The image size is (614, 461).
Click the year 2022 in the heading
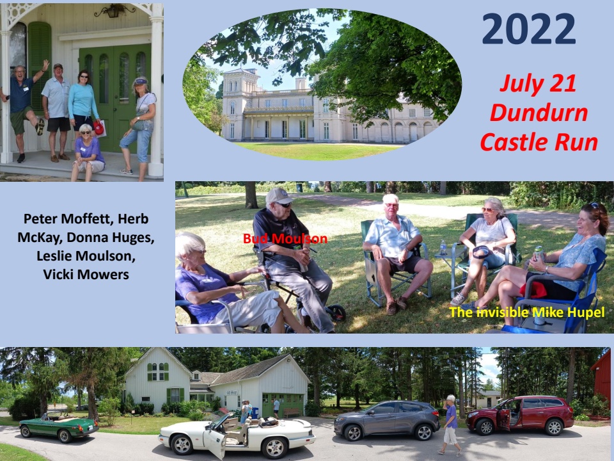pos(529,29)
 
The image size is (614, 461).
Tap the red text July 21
pos(539,84)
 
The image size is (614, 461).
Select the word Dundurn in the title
pos(539,113)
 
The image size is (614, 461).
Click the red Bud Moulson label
pos(285,238)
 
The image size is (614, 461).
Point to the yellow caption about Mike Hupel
pos(527,312)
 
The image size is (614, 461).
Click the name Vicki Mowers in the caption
pos(86,275)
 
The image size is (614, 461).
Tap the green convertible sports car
pos(59,427)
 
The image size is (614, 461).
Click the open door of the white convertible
pos(216,443)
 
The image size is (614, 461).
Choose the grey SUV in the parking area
pos(387,420)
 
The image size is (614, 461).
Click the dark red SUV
pos(520,415)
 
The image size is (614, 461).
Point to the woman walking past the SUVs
pos(450,425)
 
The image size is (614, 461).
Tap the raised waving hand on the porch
pos(46,64)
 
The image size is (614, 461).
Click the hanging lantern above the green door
pos(114,11)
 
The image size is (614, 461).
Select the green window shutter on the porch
pos(39,63)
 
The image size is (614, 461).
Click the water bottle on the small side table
pos(443,247)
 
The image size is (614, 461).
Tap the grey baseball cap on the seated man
pos(278,196)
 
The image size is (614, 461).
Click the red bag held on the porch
pos(98,128)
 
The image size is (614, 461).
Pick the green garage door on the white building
pos(283,405)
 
